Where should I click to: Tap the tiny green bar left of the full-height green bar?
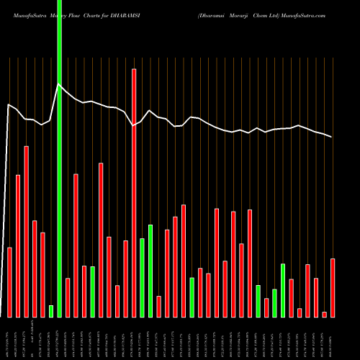click(x=51, y=311)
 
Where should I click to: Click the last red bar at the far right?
click(x=333, y=288)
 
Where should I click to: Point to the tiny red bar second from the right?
click(x=325, y=314)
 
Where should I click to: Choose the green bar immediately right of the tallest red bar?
click(x=143, y=278)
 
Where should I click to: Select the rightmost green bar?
click(x=283, y=290)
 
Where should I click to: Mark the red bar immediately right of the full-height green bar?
click(x=68, y=297)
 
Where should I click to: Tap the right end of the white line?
click(x=332, y=137)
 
